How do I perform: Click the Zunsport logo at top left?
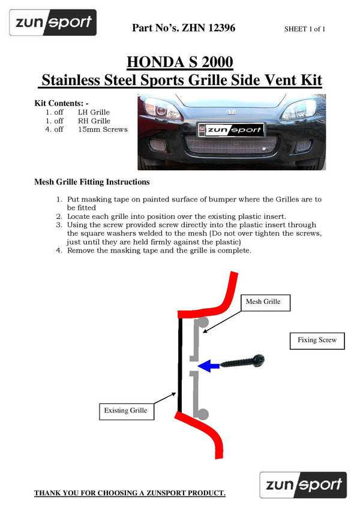pos(53,23)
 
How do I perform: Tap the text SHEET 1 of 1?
pos(305,28)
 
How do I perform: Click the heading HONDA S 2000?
pos(180,62)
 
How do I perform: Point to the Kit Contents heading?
pos(62,103)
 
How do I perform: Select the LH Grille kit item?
pos(94,112)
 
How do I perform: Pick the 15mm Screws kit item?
pos(103,129)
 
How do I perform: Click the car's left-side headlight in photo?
pos(158,109)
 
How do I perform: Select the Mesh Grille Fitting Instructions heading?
pos(92,182)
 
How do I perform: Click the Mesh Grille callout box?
pos(263,302)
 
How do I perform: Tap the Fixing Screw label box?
pos(317,340)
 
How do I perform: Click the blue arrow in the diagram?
pos(208,366)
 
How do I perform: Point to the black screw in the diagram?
pos(243,361)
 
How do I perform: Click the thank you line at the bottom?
pos(130,493)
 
